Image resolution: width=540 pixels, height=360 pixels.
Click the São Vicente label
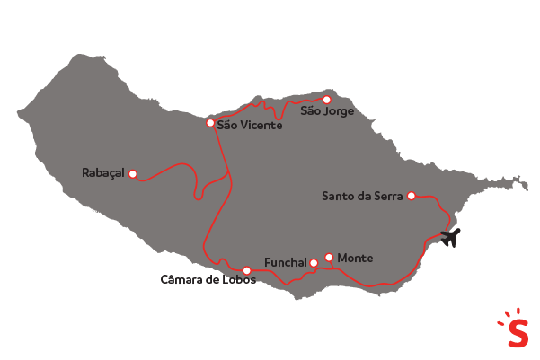click(x=250, y=126)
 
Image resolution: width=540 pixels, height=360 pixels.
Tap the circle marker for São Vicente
click(x=210, y=123)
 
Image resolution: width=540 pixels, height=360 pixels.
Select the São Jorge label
click(x=327, y=112)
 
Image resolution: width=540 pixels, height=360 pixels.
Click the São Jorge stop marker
click(x=327, y=100)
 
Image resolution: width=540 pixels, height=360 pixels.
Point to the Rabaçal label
click(x=102, y=173)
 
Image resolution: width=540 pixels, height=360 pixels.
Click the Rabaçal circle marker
click(x=133, y=174)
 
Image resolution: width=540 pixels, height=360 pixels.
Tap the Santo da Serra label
click(x=363, y=196)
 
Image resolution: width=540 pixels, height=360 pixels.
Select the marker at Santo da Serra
click(x=412, y=196)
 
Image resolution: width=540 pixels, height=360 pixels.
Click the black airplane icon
click(x=449, y=238)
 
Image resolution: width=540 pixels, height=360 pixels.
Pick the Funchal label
click(x=286, y=263)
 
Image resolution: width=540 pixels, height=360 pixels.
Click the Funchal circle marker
click(x=314, y=262)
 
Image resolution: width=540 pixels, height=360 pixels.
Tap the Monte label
click(x=355, y=259)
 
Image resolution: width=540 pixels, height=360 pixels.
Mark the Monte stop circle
click(x=329, y=258)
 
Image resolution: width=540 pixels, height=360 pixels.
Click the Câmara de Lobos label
click(x=208, y=280)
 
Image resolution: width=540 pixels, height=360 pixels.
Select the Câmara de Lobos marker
click(x=246, y=270)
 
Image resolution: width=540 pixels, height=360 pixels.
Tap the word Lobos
click(x=238, y=280)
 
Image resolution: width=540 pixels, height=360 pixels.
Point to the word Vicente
click(x=261, y=126)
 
